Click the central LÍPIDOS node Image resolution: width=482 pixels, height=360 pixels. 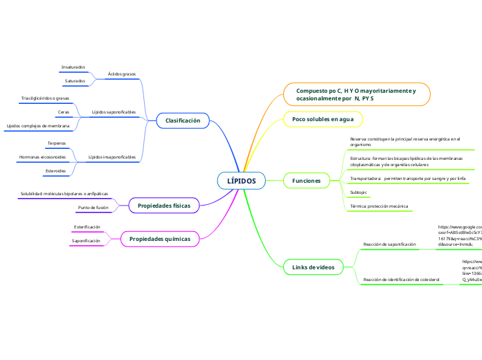pos(241,181)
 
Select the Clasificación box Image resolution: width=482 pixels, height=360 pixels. pos(183,120)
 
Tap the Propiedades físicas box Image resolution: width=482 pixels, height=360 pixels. pos(164,206)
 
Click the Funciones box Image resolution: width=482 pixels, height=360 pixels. pos(307,181)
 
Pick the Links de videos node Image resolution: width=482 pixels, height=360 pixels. pos(314,267)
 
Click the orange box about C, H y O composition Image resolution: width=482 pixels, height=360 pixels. pos(357,95)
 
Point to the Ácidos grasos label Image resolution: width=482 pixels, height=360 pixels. pos(122,73)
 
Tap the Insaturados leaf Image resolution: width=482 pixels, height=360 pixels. pos(73,67)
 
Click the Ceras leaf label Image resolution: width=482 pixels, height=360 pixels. pos(64,111)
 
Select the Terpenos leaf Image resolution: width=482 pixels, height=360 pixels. pos(57,143)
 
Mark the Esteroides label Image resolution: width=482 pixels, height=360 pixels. pos(55,170)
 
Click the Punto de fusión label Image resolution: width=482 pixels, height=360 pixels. pos(93,208)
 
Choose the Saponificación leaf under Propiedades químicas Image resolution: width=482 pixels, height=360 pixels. pos(86,241)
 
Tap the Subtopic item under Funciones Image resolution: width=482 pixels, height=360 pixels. pos(359,192)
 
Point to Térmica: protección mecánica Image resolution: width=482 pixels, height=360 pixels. pos(379,206)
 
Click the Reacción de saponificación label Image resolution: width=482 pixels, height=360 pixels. pos(389,244)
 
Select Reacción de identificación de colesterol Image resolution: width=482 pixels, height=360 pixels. pos(402,279)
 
